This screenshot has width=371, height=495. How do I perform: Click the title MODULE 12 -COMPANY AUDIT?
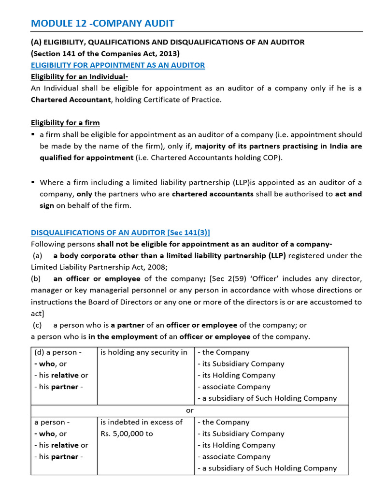[102, 23]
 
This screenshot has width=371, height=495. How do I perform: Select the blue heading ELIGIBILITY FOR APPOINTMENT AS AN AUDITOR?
[118, 65]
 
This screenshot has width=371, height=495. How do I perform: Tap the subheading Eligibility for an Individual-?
[79, 76]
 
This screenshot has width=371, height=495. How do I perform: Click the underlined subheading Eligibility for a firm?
[65, 122]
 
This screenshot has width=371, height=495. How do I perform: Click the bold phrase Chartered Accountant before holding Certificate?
[71, 100]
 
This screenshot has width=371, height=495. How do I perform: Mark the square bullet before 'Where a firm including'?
[33, 182]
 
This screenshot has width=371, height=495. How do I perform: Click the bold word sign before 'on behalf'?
[47, 205]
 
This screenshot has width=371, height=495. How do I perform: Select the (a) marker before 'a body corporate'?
[38, 255]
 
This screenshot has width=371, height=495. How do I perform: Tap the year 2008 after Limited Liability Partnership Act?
[157, 267]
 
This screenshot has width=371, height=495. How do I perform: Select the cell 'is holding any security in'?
[144, 352]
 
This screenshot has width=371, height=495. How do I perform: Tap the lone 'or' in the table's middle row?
[190, 410]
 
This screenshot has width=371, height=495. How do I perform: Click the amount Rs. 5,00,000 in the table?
[127, 434]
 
